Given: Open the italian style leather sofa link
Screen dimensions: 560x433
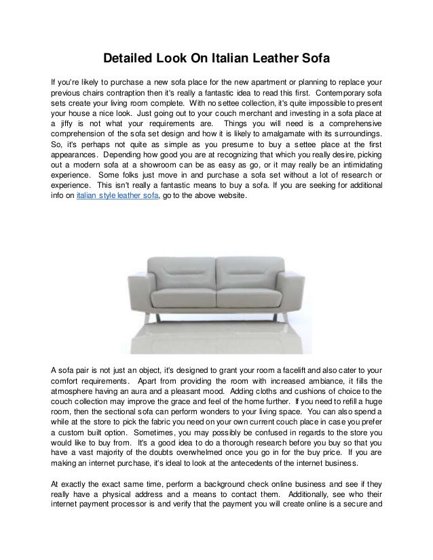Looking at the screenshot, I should click(x=117, y=197).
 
